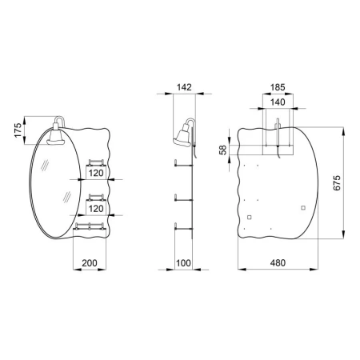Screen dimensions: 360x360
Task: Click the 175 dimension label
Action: (18, 130)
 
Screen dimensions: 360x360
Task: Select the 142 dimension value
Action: (184, 87)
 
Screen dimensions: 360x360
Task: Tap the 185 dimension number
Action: (278, 87)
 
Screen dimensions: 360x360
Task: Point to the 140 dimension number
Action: (278, 102)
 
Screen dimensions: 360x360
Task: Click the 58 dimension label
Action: (223, 150)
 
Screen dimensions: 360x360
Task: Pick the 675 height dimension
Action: (337, 182)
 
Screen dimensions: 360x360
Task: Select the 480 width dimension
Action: (278, 263)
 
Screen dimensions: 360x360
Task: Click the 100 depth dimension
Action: (183, 263)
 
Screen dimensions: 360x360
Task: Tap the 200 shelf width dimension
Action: (90, 263)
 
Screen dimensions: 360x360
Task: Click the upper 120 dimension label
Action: (96, 173)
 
